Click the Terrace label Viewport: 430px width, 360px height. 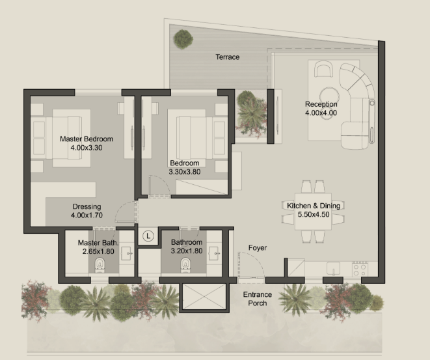pos(227,57)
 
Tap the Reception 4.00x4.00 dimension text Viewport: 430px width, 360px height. pos(321,113)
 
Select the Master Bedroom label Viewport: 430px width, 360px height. pos(87,139)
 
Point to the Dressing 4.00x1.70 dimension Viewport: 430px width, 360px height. pos(87,215)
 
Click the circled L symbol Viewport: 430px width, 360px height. pos(148,236)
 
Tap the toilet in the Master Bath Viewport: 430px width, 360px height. pos(100,265)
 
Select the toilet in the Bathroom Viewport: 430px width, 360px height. pos(185,265)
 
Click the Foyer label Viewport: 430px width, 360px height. pos(258,248)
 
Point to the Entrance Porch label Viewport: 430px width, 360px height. pos(258,299)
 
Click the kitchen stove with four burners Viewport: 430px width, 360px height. pos(360,269)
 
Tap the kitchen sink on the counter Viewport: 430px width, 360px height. pos(333,268)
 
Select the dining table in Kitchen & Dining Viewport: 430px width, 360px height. pos(313,212)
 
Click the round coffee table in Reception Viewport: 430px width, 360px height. pos(329,95)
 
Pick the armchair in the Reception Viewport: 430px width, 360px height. pos(323,69)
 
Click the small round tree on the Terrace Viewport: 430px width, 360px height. pos(183,39)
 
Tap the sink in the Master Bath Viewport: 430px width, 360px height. pos(127,253)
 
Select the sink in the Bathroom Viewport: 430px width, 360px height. pos(214,253)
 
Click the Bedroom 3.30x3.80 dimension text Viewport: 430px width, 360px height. pos(185,172)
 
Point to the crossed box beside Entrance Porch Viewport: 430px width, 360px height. pos(204,297)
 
